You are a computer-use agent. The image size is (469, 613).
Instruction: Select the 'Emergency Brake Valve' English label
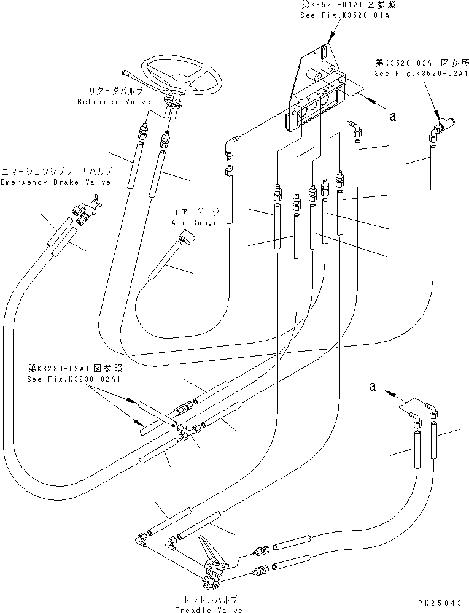tap(56, 182)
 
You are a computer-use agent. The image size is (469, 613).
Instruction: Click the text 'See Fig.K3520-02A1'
tap(422, 73)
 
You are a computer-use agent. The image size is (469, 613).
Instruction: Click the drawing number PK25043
tap(441, 604)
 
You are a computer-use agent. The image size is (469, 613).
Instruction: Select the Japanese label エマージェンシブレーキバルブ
tap(56, 171)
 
